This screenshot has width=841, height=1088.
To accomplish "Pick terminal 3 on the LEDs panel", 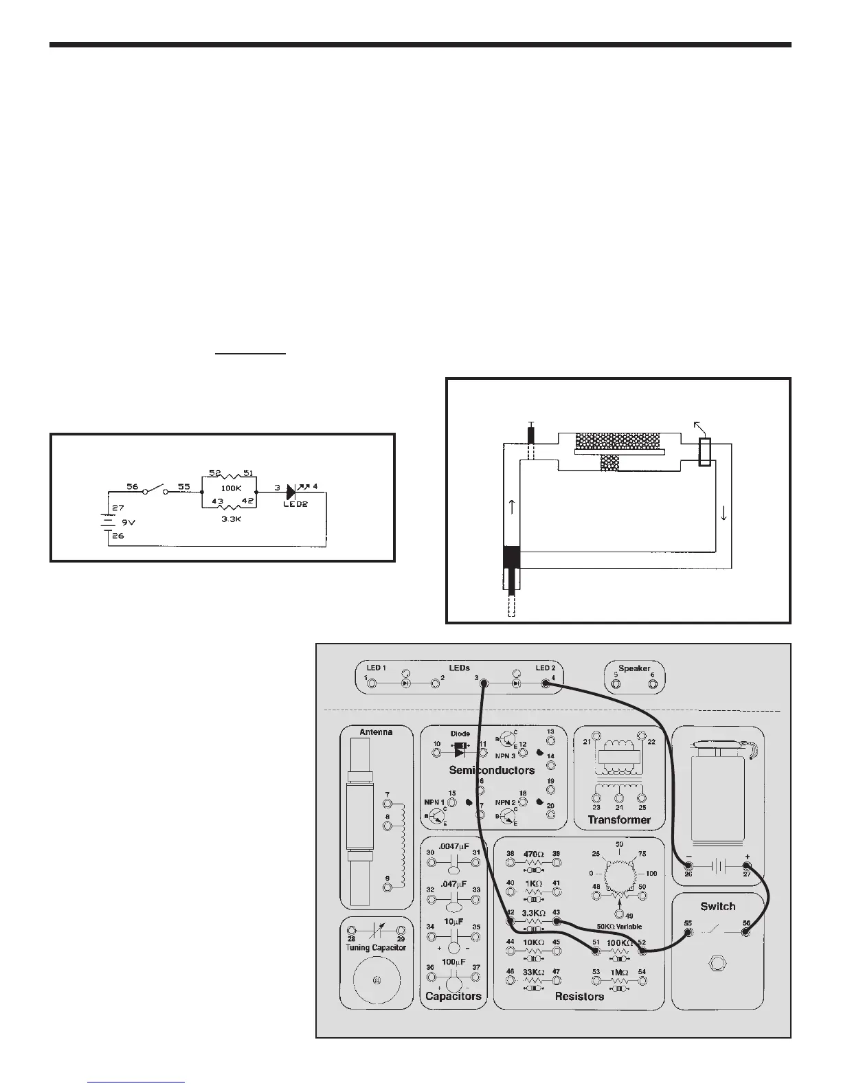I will click(484, 684).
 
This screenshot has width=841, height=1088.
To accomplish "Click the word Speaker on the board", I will click(633, 668).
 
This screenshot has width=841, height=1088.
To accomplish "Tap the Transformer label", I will click(619, 819).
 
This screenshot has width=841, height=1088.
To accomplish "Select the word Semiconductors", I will click(491, 770).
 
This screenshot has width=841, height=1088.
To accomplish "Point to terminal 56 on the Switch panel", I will click(746, 932).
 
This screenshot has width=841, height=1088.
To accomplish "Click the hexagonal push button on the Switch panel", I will click(717, 963).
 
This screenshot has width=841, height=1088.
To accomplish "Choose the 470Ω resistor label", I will click(533, 855).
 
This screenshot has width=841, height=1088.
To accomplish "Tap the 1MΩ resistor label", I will click(618, 972).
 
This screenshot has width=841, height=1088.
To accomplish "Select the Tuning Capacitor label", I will click(375, 947).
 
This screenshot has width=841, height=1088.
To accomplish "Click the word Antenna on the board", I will click(376, 732).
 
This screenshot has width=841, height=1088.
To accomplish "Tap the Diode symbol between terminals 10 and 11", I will click(460, 745).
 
